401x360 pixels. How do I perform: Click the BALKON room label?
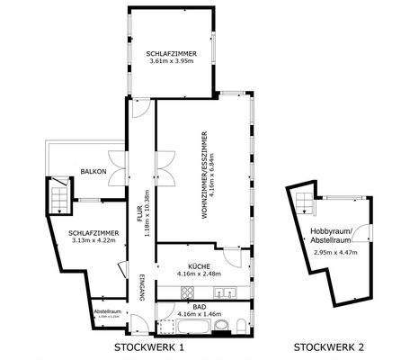click(x=94, y=171)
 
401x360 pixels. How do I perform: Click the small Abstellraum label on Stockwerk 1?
click(x=106, y=312)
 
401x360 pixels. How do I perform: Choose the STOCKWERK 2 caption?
click(x=329, y=346)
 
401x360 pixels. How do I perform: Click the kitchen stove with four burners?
click(x=189, y=292)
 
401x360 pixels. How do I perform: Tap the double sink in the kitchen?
click(x=228, y=292)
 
